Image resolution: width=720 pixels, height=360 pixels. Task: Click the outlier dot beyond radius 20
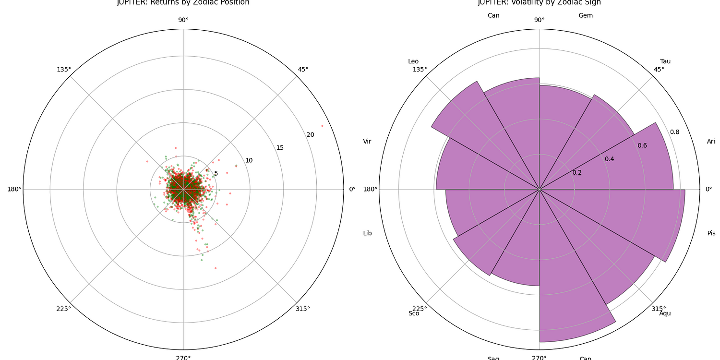click(x=322, y=126)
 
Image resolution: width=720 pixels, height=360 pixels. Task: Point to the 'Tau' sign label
click(x=665, y=61)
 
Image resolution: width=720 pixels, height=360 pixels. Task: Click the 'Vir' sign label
click(x=367, y=141)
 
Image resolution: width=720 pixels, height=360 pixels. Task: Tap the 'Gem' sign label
click(x=586, y=15)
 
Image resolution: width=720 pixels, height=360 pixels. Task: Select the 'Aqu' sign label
click(x=665, y=313)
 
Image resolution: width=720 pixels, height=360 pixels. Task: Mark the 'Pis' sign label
click(x=711, y=233)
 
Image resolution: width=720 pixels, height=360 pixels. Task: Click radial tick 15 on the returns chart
click(x=280, y=147)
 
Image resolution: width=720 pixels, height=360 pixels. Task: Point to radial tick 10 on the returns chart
click(x=249, y=160)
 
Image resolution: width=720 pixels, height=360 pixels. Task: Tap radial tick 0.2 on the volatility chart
click(x=576, y=172)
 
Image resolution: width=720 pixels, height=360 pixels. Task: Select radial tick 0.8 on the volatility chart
click(x=674, y=132)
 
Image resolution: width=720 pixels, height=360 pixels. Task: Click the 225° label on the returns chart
click(x=64, y=309)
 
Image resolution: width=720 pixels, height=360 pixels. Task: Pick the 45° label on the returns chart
click(x=303, y=69)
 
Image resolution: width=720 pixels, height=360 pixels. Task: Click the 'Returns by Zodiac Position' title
click(x=183, y=2)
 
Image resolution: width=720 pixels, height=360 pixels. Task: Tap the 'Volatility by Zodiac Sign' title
click(x=539, y=2)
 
